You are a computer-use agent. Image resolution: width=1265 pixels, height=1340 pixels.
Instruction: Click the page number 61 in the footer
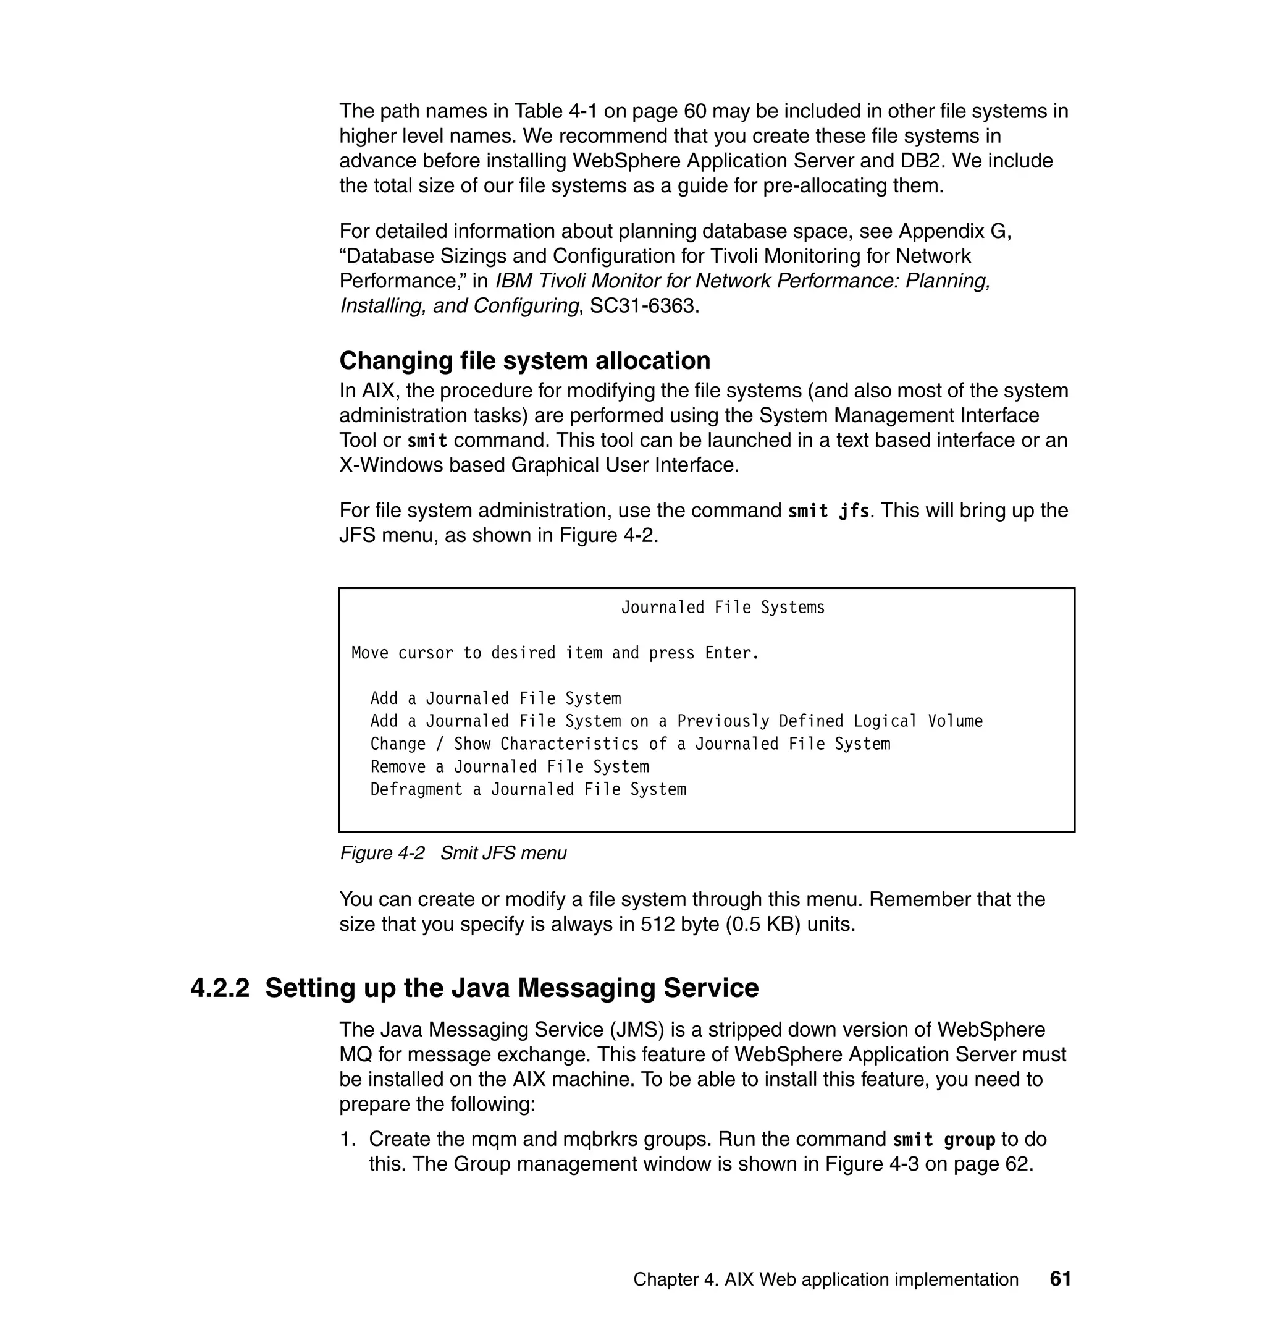coord(1060,1279)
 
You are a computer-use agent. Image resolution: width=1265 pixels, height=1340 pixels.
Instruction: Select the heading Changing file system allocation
coord(524,361)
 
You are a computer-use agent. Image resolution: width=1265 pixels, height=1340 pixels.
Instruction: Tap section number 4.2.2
coord(220,988)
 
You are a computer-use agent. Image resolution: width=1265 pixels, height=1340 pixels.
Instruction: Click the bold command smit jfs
coord(829,511)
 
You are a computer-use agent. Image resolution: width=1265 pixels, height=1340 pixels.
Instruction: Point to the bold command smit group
coord(943,1140)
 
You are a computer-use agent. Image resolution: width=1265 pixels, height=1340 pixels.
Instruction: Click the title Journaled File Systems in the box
coord(722,608)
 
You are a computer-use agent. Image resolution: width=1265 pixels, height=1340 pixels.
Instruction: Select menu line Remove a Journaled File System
coord(509,766)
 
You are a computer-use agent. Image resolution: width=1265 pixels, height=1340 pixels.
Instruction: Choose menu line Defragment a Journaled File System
coord(528,789)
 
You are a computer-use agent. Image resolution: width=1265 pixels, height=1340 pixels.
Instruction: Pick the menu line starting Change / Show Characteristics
coord(630,744)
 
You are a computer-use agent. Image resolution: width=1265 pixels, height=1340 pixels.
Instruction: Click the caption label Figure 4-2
coord(382,853)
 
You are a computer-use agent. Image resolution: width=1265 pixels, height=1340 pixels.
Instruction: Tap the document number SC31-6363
coord(641,306)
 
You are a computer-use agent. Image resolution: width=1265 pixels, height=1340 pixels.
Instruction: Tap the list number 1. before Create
coord(347,1140)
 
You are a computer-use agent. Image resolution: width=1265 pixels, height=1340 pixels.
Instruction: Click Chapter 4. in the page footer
coord(675,1279)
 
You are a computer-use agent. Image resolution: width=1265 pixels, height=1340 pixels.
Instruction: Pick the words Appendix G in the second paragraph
coord(955,231)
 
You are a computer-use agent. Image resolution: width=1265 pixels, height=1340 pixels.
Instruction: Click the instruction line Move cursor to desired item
coord(555,653)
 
